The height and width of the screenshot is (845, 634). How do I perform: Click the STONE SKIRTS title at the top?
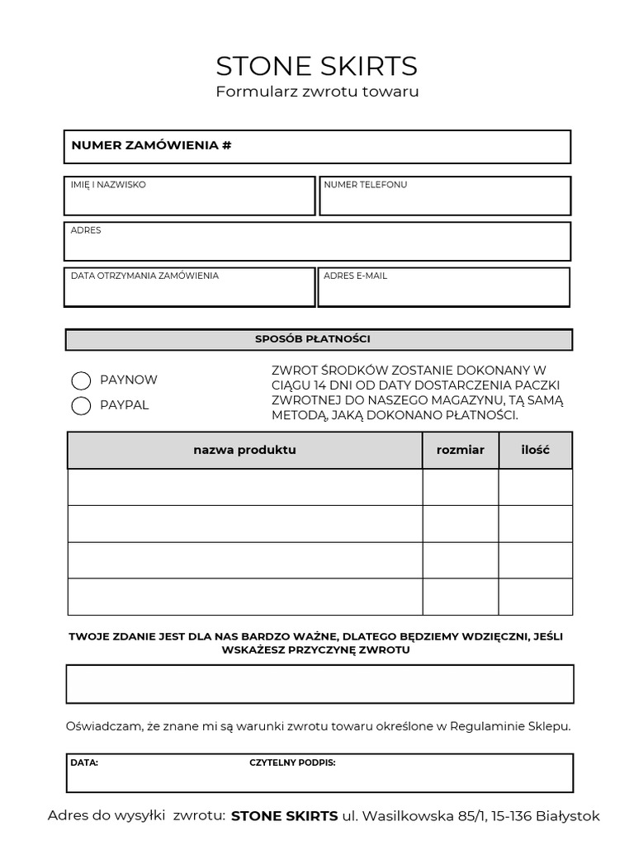pos(317,66)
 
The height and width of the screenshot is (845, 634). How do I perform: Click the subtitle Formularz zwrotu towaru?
pos(317,92)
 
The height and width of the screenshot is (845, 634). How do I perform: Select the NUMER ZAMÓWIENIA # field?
pos(317,147)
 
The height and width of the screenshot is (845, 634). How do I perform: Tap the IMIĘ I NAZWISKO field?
pos(189,196)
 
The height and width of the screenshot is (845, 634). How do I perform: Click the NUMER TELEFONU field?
pos(445,196)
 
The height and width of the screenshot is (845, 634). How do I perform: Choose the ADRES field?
pos(317,242)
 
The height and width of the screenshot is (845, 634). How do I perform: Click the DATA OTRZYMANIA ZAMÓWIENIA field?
pos(189,287)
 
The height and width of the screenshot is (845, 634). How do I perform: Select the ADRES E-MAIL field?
pos(444,287)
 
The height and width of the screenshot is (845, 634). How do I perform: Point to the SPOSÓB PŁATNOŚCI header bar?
pos(318,339)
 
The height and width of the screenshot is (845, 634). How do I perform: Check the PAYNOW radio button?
pos(81,380)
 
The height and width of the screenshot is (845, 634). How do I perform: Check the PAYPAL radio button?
pos(81,406)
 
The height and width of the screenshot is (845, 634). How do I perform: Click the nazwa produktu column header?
pos(244,451)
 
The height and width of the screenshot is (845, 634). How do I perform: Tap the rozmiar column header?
pos(460,451)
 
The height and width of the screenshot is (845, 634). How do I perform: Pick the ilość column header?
pos(535,451)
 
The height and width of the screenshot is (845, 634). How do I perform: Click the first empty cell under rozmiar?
pos(460,487)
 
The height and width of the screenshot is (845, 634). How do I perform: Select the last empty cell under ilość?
pos(535,597)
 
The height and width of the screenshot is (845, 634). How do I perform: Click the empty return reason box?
pos(319,684)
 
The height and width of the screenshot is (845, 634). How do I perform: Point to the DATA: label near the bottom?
pos(84,763)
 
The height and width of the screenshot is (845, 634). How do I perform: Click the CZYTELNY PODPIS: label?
pos(292,763)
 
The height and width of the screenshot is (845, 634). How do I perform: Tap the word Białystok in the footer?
pos(568,817)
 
